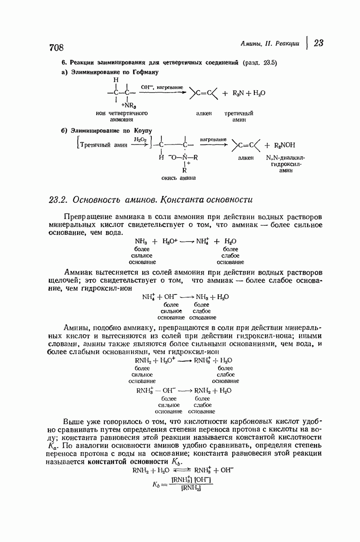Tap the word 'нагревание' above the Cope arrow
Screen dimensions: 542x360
[213, 140]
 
